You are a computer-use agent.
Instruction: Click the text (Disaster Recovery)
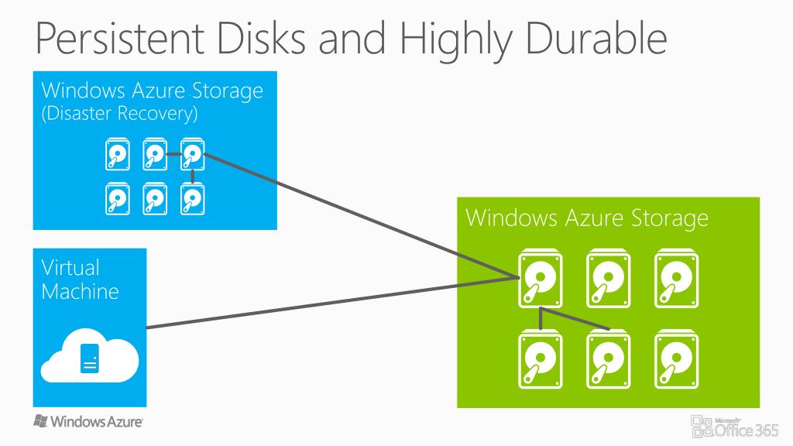[119, 114]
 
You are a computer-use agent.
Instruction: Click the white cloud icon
[90, 357]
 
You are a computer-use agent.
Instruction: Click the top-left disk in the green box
[538, 280]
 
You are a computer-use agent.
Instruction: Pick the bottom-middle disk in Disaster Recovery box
[155, 199]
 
